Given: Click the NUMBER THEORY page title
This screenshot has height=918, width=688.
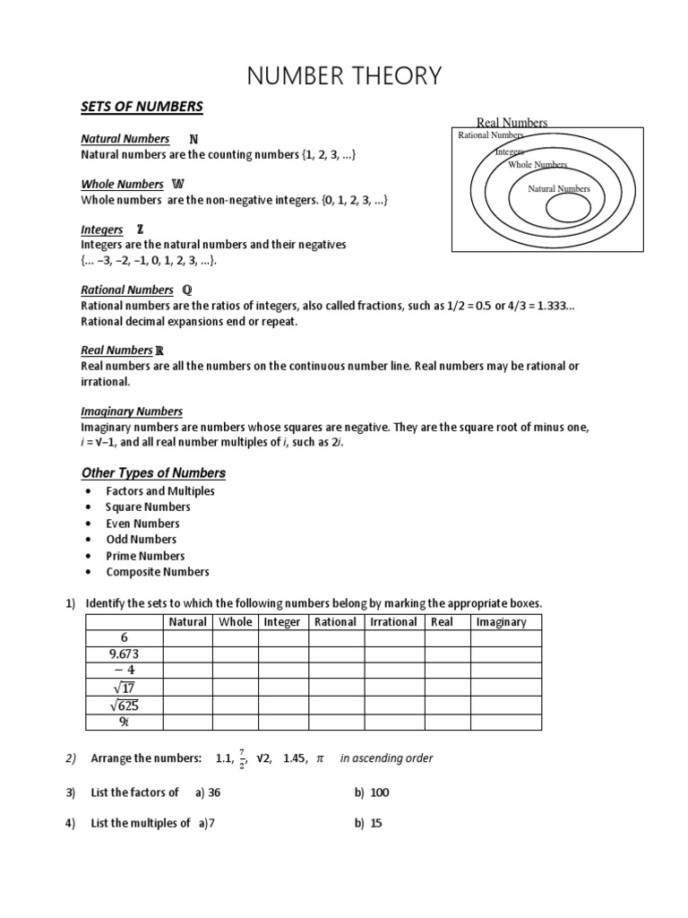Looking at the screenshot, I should pyautogui.click(x=344, y=76).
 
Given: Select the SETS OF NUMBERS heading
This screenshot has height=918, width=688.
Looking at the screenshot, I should pyautogui.click(x=142, y=108).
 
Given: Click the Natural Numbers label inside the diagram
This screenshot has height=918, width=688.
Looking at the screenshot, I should pyautogui.click(x=559, y=188).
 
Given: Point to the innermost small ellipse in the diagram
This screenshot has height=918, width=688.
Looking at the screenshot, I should pyautogui.click(x=567, y=209).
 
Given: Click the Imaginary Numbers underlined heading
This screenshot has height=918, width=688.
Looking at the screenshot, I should pyautogui.click(x=132, y=411).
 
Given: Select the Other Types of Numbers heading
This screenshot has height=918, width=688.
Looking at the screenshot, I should pyautogui.click(x=153, y=472).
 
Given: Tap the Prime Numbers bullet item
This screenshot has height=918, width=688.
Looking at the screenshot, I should pyautogui.click(x=145, y=556).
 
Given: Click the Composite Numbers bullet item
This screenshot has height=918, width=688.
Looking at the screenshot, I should pyautogui.click(x=157, y=572).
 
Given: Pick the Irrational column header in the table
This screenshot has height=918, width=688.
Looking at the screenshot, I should pyautogui.click(x=393, y=621).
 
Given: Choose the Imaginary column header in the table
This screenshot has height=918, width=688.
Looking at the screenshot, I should pyautogui.click(x=502, y=621).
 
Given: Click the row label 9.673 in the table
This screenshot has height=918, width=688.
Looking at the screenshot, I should pyautogui.click(x=124, y=654).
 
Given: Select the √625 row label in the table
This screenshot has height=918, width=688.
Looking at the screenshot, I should pyautogui.click(x=124, y=706).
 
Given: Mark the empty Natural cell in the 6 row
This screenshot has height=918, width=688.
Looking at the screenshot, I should pyautogui.click(x=187, y=637).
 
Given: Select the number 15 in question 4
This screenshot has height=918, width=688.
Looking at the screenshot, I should pyautogui.click(x=376, y=823).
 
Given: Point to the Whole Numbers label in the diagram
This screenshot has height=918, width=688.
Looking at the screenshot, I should pyautogui.click(x=537, y=165).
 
